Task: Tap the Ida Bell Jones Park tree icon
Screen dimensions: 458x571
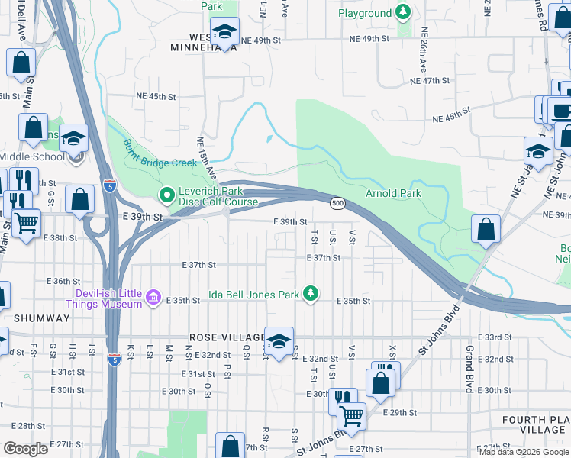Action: [310, 293]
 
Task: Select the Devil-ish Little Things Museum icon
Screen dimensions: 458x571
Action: [153, 297]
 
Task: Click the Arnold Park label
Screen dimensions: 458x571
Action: [393, 193]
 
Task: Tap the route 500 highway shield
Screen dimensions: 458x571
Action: [337, 203]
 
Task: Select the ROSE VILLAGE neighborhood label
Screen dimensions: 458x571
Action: [224, 337]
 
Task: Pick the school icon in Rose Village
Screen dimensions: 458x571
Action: [279, 340]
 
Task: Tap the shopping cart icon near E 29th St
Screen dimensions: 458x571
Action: [351, 415]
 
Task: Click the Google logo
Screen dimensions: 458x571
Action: [25, 449]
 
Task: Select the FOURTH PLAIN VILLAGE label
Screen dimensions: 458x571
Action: [535, 425]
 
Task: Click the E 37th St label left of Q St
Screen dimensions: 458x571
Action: [199, 264]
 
